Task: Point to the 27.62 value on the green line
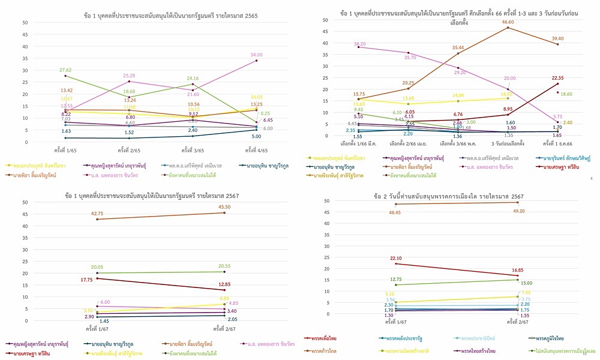click(65, 70)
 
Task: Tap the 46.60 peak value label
click(507, 22)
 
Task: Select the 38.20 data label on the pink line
click(360, 44)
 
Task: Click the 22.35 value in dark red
click(557, 78)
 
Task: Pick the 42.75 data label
click(97, 213)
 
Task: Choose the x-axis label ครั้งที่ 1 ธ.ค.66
click(557, 143)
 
